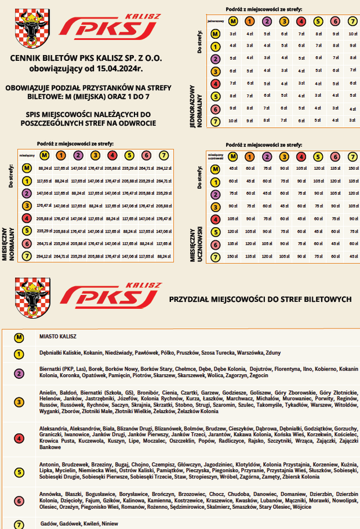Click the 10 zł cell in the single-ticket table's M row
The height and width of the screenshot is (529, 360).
pyautogui.click(x=352, y=34)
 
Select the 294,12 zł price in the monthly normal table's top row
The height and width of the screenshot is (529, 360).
pyautogui.click(x=163, y=168)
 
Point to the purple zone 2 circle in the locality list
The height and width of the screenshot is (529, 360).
pyautogui.click(x=20, y=373)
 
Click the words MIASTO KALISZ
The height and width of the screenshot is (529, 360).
pyautogui.click(x=58, y=337)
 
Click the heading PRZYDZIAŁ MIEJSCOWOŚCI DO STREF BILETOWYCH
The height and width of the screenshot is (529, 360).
pyautogui.click(x=260, y=300)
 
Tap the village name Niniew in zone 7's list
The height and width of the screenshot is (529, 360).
pyautogui.click(x=110, y=523)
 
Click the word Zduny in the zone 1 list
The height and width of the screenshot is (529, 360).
pyautogui.click(x=273, y=353)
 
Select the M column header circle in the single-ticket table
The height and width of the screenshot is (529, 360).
pyautogui.click(x=233, y=22)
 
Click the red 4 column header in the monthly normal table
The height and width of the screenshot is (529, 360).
pyautogui.click(x=112, y=155)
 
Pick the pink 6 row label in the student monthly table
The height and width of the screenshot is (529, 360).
pyautogui.click(x=215, y=245)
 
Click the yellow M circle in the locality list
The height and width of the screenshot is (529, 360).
pyautogui.click(x=20, y=337)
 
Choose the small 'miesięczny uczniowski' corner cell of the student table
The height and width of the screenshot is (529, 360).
pyautogui.click(x=215, y=156)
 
